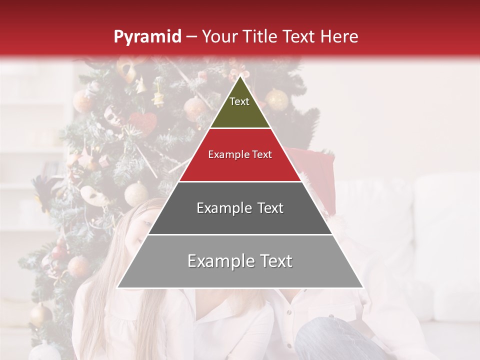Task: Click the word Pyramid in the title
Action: tap(147, 36)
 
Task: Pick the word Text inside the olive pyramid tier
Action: tap(239, 101)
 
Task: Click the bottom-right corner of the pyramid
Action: tap(363, 287)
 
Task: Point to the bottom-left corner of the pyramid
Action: tap(117, 287)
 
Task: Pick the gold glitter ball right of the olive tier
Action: tap(276, 99)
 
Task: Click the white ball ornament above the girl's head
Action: tap(136, 193)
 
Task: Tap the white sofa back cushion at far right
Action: tap(445, 240)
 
